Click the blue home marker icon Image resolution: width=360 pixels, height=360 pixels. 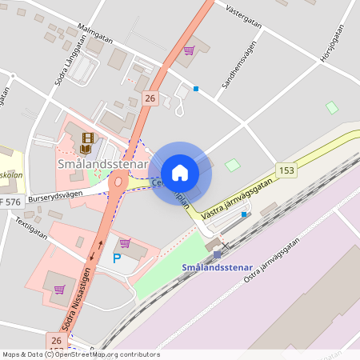(x=180, y=172)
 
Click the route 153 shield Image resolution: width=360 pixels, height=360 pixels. (x=286, y=170)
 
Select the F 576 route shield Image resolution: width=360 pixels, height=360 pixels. (x=10, y=202)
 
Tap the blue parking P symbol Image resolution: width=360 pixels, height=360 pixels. (x=117, y=259)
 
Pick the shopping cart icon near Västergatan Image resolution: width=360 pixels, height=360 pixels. (x=189, y=50)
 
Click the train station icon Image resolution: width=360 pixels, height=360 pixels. (x=217, y=254)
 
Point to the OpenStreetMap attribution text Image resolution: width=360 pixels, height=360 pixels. (x=80, y=354)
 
